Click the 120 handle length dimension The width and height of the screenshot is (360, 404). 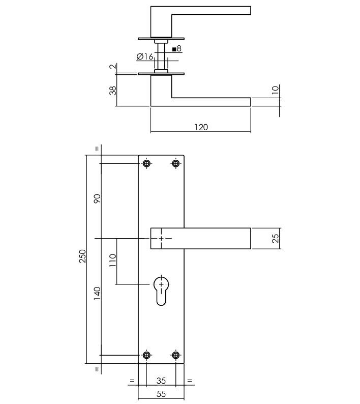pyautogui.click(x=201, y=127)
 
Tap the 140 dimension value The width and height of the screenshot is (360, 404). pyautogui.click(x=98, y=294)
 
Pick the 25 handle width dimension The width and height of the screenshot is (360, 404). pyautogui.click(x=276, y=238)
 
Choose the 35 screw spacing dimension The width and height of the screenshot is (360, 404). pyautogui.click(x=161, y=380)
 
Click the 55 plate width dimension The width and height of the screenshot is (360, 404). pyautogui.click(x=161, y=393)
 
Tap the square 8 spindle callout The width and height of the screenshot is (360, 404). pyautogui.click(x=177, y=49)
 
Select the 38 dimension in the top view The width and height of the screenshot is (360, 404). pyautogui.click(x=113, y=90)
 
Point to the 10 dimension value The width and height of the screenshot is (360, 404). pyautogui.click(x=276, y=91)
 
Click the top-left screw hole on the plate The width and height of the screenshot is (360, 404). pyautogui.click(x=147, y=163)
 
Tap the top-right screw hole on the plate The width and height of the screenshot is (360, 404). pyautogui.click(x=176, y=163)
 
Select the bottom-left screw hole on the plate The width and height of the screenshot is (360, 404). pyautogui.click(x=147, y=355)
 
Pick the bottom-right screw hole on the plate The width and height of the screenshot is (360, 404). pyautogui.click(x=176, y=355)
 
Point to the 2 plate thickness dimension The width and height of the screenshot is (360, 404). pyautogui.click(x=113, y=67)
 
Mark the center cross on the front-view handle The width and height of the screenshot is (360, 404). pyautogui.click(x=162, y=238)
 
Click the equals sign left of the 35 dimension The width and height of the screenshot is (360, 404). pyautogui.click(x=132, y=380)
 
